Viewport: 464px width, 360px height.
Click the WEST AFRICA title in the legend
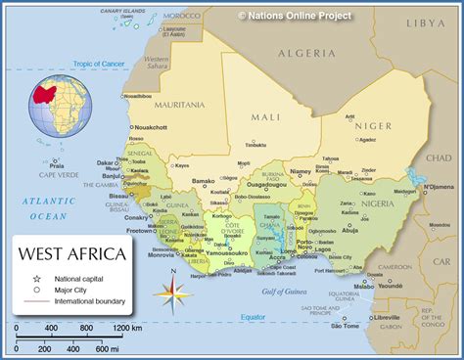pyautogui.click(x=72, y=254)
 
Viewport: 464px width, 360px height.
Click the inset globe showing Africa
pyautogui.click(x=60, y=107)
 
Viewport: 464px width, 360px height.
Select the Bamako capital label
pyautogui.click(x=203, y=181)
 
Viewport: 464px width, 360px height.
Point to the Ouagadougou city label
pyautogui.click(x=265, y=183)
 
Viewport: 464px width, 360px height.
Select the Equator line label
pyautogui.click(x=252, y=317)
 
